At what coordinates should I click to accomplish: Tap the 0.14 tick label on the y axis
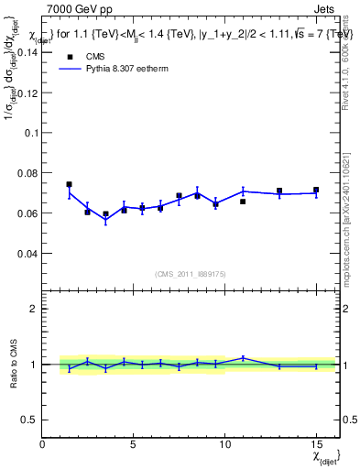pyautogui.click(x=27, y=52)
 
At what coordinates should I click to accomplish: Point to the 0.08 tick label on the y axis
pyautogui.click(x=27, y=173)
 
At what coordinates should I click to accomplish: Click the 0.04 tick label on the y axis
pyautogui.click(x=27, y=253)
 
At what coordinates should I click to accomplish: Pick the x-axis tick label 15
pyautogui.click(x=316, y=444)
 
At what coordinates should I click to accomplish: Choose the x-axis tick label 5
pyautogui.click(x=134, y=444)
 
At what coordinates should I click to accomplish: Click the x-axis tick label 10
pyautogui.click(x=224, y=444)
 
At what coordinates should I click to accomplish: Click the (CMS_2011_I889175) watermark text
pyautogui.click(x=190, y=274)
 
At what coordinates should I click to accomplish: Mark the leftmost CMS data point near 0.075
pyautogui.click(x=70, y=184)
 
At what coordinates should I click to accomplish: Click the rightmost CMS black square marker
pyautogui.click(x=316, y=191)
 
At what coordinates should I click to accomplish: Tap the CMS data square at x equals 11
pyautogui.click(x=243, y=202)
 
